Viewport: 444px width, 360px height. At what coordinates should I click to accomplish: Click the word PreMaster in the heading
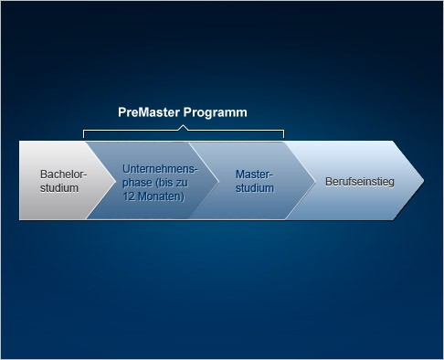tap(148, 112)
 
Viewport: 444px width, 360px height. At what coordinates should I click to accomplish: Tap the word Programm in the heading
tap(215, 112)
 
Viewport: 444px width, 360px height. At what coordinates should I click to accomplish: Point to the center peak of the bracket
tap(184, 128)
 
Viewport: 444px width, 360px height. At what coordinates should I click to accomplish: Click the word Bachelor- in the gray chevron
tap(63, 174)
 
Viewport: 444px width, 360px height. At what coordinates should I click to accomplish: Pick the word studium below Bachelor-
tap(59, 187)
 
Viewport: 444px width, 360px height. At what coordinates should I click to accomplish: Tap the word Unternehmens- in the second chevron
tap(160, 169)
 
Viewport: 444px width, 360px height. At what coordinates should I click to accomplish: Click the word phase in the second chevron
tap(138, 183)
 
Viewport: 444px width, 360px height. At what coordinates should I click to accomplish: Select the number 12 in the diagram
tap(129, 196)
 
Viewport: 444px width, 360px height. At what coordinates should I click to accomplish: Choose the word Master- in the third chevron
tap(255, 174)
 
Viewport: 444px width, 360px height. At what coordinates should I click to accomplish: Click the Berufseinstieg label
tap(359, 181)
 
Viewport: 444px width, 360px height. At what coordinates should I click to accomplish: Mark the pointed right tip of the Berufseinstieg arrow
tap(423, 180)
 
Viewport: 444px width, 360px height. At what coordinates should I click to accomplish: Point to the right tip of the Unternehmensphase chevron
tap(217, 180)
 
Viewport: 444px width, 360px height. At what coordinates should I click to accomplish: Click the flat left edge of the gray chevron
tap(20, 180)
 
